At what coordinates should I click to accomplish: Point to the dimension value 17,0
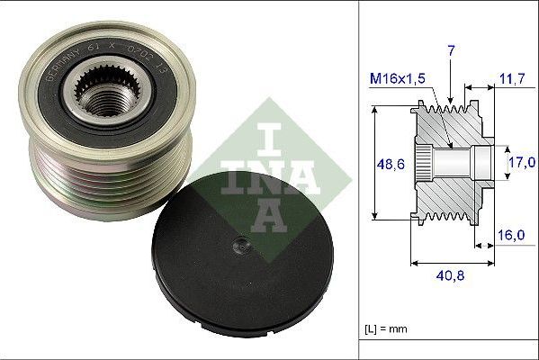coord(522,163)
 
